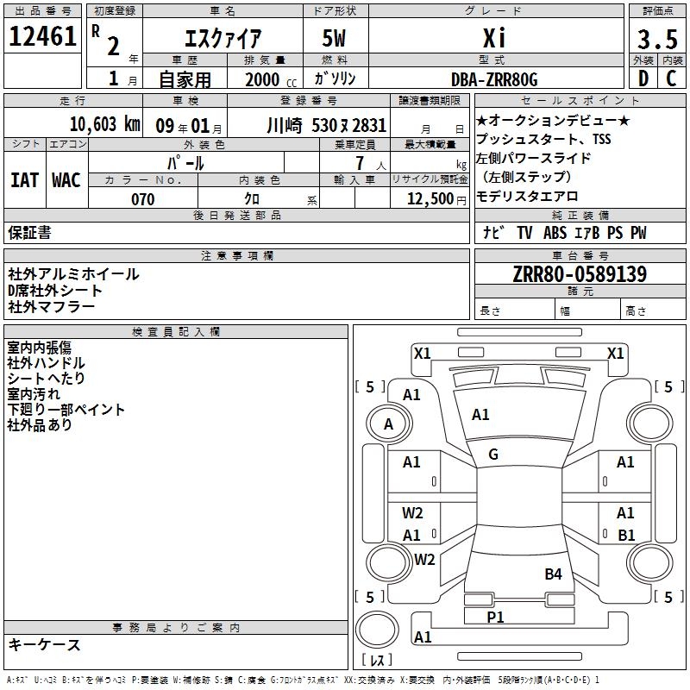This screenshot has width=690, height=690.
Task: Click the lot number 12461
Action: coord(42,36)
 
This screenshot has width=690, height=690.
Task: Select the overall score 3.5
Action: coord(657,39)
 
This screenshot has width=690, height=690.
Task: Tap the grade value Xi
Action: coord(494,38)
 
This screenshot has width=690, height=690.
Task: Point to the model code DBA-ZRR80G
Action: coord(494,79)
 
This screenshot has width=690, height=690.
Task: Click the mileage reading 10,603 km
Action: coord(105,124)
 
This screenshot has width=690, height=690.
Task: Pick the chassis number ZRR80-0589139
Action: coord(580,274)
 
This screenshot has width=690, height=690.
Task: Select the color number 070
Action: coord(143,199)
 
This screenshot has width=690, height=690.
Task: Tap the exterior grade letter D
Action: coord(643,78)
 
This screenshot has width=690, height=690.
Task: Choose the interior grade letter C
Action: coord(671,78)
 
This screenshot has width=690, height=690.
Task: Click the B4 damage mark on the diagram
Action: coord(553,574)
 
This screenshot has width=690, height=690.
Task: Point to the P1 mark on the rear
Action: coord(495,617)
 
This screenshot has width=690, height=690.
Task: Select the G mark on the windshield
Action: coord(493,455)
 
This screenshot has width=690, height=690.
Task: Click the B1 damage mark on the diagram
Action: coord(626,535)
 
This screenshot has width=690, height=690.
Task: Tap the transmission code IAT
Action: coord(25,180)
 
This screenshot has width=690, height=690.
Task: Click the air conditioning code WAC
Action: coord(66,180)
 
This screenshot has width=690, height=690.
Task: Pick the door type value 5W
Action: coord(334,38)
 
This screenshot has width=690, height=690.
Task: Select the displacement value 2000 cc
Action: coord(271,80)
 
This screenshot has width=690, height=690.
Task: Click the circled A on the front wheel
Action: coord(389,423)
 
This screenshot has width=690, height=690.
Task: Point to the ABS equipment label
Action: coord(555,233)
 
